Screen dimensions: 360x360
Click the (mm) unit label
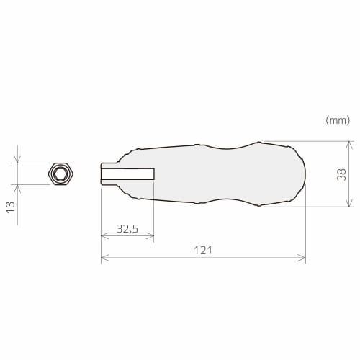point(338,120)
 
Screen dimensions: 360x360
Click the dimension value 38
point(341,174)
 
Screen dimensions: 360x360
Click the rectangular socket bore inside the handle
point(128,174)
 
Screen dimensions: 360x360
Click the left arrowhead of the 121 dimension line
point(104,257)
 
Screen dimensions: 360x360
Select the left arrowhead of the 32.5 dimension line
point(104,235)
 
